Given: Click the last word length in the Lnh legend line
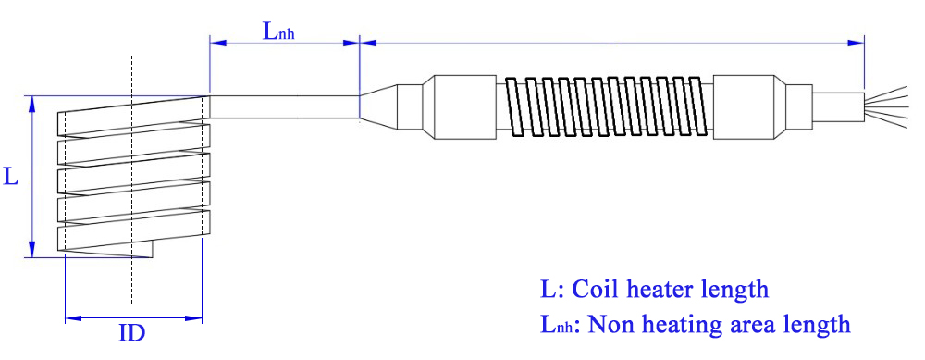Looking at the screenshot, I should pyautogui.click(x=815, y=325).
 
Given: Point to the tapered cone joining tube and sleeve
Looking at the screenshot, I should pyautogui.click(x=379, y=106).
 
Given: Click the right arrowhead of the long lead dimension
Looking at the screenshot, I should pyautogui.click(x=857, y=42).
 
